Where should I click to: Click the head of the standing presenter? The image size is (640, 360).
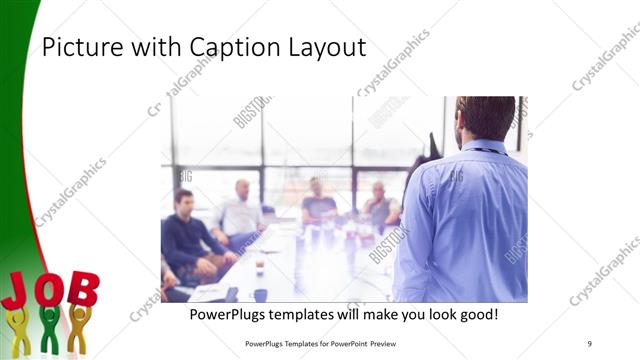click(484, 116)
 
